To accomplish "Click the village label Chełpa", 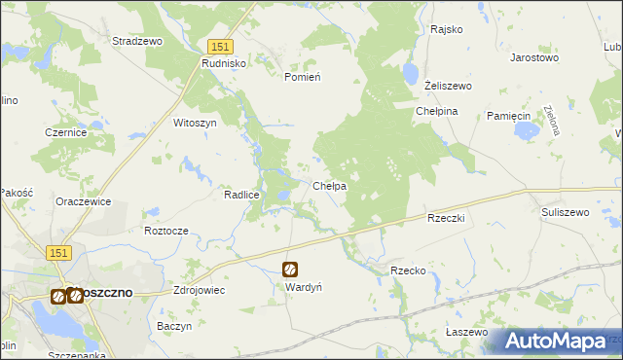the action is (x=329, y=186).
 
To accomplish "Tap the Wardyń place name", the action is (x=303, y=288).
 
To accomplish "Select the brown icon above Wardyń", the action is (x=290, y=270).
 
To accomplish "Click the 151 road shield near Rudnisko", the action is (x=220, y=47).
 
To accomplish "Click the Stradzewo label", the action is (x=137, y=42).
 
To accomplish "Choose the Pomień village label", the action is (x=302, y=77).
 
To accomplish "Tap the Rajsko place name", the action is (x=447, y=29).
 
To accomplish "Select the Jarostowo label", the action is (x=534, y=57).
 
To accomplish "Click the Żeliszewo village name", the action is (x=449, y=87).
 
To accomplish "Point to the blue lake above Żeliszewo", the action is (x=410, y=73).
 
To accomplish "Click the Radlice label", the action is (x=241, y=194).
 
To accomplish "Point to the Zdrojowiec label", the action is (x=198, y=290).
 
